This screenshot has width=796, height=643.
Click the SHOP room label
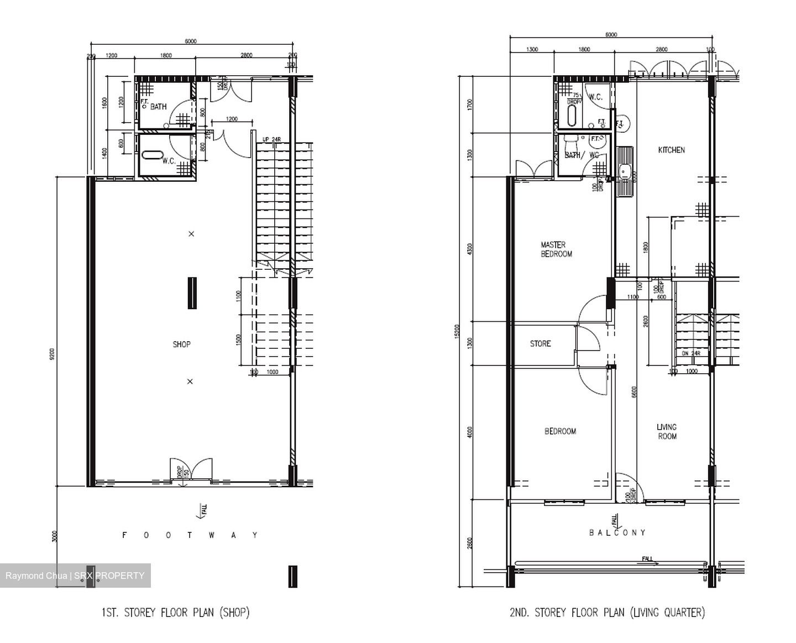181,344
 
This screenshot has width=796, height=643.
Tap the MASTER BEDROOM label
556,249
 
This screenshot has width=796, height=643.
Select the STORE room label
540,344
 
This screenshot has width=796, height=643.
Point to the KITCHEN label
671,150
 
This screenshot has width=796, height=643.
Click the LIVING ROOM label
667,431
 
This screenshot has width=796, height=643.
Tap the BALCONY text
617,532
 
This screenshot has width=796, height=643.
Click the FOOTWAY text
190,535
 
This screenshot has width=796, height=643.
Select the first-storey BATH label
158,107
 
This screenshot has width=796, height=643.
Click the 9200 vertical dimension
52,354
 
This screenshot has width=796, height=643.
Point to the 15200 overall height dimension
457,332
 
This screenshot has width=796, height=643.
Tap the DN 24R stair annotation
691,353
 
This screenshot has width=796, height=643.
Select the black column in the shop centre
192,293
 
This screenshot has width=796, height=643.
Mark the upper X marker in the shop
191,234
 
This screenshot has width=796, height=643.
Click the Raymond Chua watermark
75,576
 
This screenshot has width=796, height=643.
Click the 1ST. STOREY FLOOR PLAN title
175,613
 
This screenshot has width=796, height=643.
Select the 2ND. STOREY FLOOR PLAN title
607,613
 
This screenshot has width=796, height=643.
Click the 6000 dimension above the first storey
191,41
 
